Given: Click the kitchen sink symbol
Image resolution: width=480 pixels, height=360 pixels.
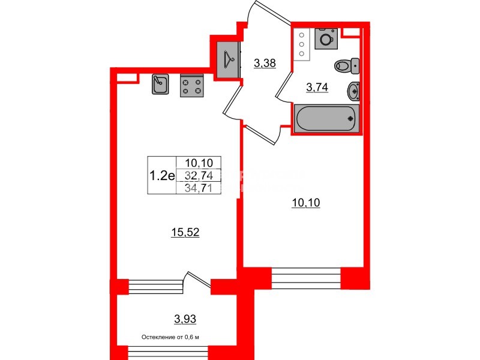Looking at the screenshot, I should tap(160, 85).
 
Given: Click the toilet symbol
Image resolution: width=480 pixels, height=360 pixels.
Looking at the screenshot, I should tap(346, 64).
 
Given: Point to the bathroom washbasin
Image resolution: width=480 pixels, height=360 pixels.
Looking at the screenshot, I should tap(353, 91).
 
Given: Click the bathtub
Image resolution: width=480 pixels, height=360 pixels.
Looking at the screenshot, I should tap(326, 118).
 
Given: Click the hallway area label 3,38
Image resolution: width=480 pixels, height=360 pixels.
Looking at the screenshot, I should tap(265, 62).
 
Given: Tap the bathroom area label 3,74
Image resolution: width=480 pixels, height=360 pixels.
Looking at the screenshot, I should tap(317, 88).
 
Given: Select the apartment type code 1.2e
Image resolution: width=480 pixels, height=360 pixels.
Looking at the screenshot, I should tap(161, 175).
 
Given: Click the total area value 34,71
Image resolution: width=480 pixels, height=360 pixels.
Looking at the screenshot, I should tap(199, 188).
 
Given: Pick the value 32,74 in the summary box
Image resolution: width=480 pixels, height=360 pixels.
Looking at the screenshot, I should tap(199, 175).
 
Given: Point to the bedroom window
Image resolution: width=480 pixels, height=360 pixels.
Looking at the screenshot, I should tap(306, 278).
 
